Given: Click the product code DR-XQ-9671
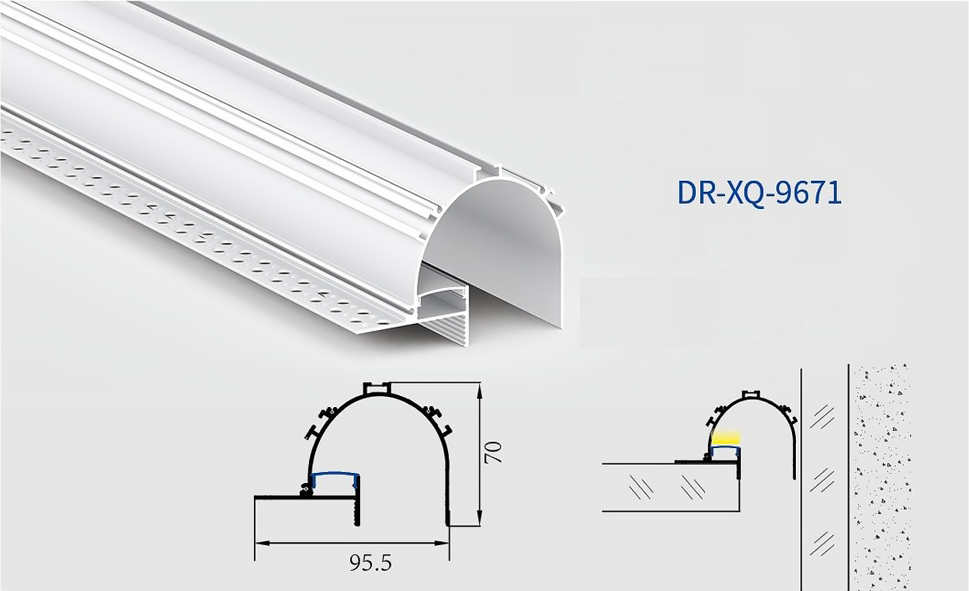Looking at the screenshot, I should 759,193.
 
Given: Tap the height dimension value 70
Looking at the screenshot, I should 493,452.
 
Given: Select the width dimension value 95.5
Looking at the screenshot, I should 370,563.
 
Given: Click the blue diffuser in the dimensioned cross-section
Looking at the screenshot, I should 335,475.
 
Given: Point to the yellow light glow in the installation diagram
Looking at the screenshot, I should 726,438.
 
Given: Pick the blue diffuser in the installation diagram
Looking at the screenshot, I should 725,448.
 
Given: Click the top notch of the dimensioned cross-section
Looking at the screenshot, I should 377,388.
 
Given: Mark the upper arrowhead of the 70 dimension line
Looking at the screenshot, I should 480,389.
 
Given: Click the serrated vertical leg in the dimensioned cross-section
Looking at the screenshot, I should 356,509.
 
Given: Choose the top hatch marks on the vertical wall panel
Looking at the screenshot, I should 822,417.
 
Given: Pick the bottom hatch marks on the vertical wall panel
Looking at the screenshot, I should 822,543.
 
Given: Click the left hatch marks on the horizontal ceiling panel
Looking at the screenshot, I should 641,488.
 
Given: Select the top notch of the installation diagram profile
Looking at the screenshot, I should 750,394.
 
